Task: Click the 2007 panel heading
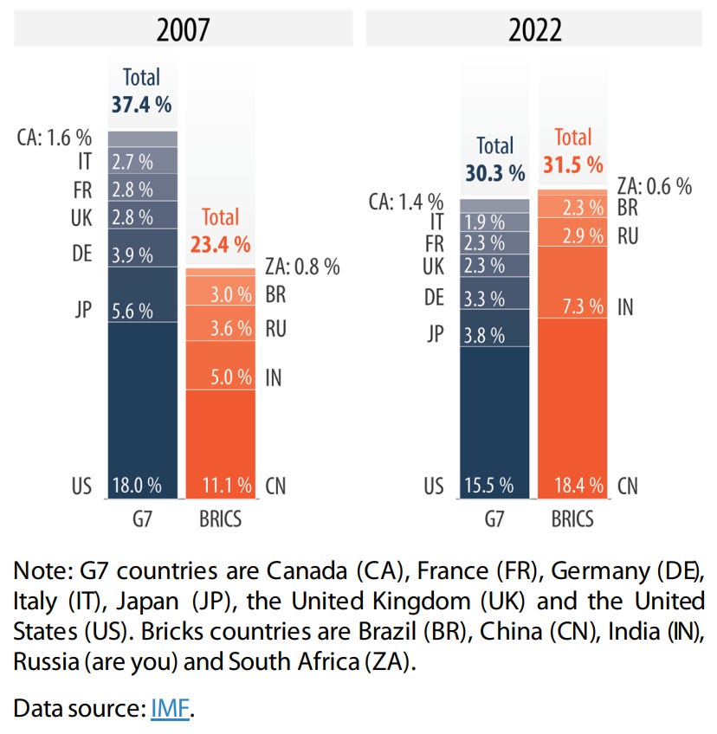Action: point(183,29)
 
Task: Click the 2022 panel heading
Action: point(534,29)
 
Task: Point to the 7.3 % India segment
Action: point(572,306)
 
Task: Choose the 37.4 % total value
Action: point(141,105)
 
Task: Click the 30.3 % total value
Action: point(494,173)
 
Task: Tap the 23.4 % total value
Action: point(221,244)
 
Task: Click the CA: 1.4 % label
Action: point(406,203)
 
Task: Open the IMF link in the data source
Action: point(169,708)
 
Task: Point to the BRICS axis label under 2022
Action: point(572,518)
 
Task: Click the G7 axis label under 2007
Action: point(142,518)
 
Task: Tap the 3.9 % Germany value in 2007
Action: point(132,255)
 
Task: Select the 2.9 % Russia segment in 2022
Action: point(572,235)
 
